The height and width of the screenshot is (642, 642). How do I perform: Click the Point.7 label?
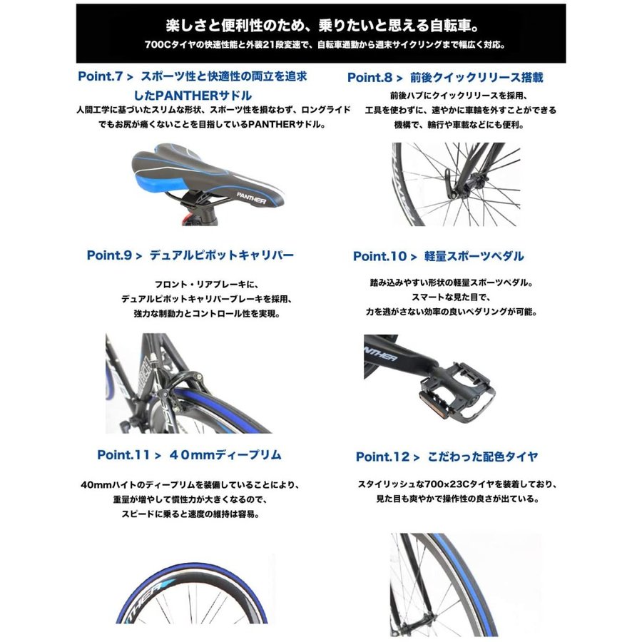coord(101,76)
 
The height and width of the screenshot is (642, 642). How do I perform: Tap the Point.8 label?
coord(370,77)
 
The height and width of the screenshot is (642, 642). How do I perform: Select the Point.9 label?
coord(109,255)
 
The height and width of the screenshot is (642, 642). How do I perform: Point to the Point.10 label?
coord(379,256)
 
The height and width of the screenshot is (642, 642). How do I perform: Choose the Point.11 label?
coord(123,455)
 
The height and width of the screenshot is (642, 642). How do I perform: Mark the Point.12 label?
coord(382,457)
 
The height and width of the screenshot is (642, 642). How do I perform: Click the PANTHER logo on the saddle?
coord(251,198)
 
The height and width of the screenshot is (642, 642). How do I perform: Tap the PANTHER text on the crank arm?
coord(380,353)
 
